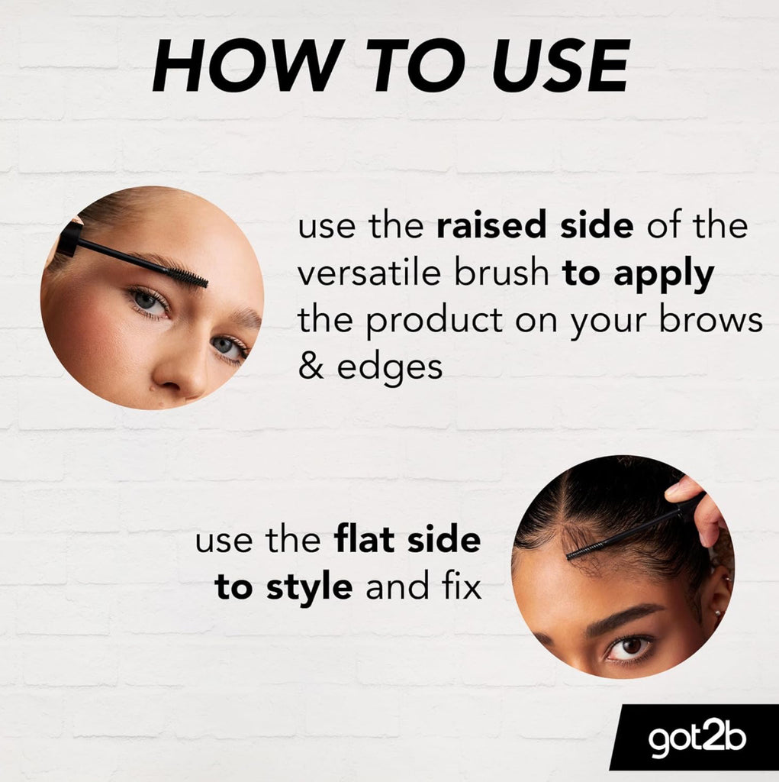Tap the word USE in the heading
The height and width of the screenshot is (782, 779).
click(x=562, y=66)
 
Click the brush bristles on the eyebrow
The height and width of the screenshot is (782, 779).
click(x=188, y=276)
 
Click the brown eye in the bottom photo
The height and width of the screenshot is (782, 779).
click(x=629, y=646)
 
